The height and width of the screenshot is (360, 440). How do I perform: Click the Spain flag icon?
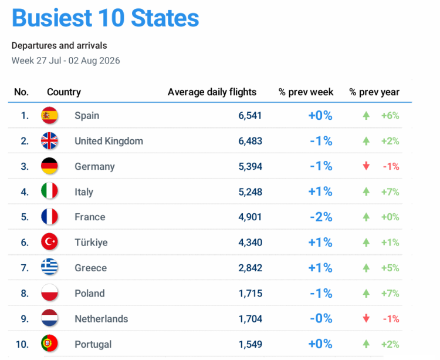(x=49, y=115)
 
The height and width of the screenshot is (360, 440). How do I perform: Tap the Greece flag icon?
(x=49, y=266)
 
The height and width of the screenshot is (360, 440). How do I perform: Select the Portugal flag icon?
(x=49, y=343)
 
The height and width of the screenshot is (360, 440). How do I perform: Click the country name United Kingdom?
(x=109, y=141)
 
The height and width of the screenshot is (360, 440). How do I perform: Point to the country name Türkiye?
(x=91, y=243)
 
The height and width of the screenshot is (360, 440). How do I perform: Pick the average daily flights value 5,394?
(x=251, y=167)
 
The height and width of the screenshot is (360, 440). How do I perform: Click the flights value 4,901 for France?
(x=250, y=217)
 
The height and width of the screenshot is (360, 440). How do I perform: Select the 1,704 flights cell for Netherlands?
(x=251, y=319)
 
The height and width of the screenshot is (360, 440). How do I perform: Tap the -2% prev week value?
(x=321, y=217)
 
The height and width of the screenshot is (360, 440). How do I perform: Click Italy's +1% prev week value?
(x=320, y=192)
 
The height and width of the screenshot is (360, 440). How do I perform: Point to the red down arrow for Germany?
(x=366, y=166)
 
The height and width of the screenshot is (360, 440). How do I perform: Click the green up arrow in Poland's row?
(x=366, y=294)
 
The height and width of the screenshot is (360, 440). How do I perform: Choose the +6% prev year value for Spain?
(x=390, y=116)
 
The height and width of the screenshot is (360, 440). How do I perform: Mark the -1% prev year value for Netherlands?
(x=391, y=319)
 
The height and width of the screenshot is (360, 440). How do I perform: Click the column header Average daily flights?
(x=212, y=92)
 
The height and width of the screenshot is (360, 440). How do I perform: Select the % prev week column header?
(x=306, y=92)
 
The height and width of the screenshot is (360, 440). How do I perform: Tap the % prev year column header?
(x=374, y=92)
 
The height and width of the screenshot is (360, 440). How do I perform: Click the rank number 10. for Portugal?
(x=22, y=344)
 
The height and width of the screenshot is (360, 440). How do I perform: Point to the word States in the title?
(x=165, y=18)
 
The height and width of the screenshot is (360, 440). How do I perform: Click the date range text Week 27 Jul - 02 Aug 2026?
(x=66, y=60)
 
